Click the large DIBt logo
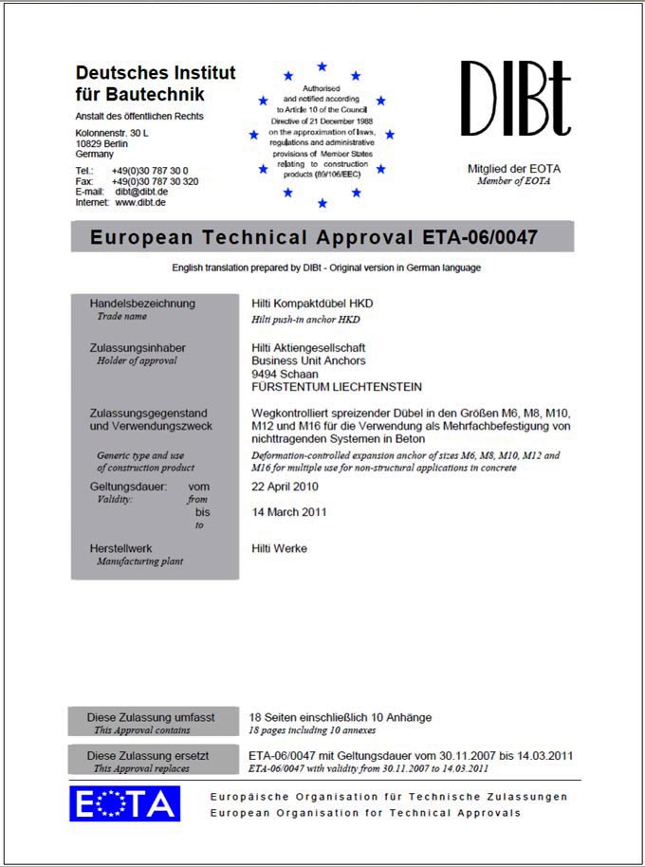tap(515, 99)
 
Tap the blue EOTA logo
tap(124, 803)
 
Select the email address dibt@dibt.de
tap(141, 192)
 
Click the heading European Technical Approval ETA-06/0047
tap(314, 237)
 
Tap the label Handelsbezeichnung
tap(142, 304)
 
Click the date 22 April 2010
tap(285, 487)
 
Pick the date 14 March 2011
tap(288, 512)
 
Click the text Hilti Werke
tap(279, 548)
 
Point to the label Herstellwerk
tap(120, 548)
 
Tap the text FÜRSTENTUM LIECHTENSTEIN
tap(337, 387)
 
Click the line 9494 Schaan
tap(286, 374)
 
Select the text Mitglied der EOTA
tap(513, 169)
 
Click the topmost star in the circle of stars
tap(322, 66)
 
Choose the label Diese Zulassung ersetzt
tap(148, 756)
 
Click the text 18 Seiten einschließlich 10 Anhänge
tap(340, 718)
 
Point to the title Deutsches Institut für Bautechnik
tap(156, 83)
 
